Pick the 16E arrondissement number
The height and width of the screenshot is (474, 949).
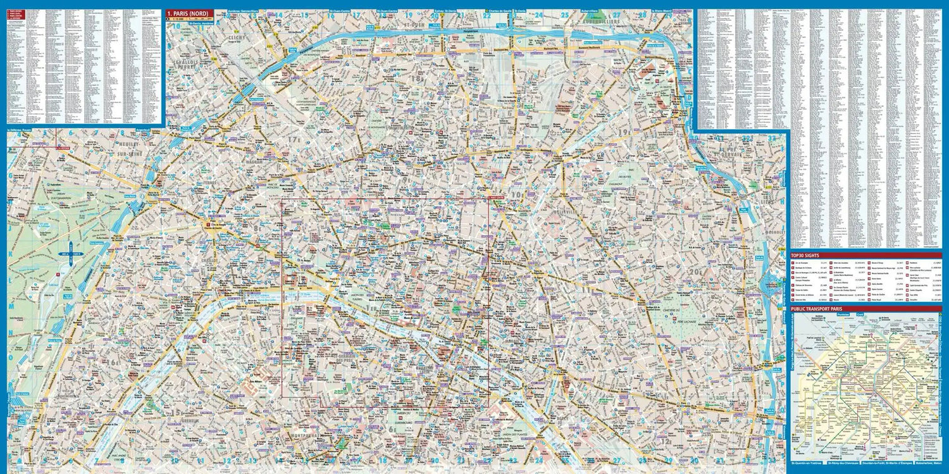[115, 362]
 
